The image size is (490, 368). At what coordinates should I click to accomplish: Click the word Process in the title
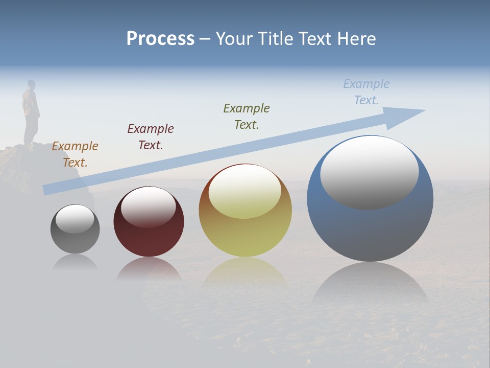[x=160, y=39]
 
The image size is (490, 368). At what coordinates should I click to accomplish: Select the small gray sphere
[x=75, y=240]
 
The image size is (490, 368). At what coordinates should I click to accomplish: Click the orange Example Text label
[x=75, y=154]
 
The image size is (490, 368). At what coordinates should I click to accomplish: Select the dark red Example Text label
[x=151, y=136]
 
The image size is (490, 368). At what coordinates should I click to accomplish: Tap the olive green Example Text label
[x=247, y=116]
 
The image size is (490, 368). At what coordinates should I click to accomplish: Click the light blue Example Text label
[x=366, y=91]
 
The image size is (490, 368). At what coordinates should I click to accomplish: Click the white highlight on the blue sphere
[x=369, y=172]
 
